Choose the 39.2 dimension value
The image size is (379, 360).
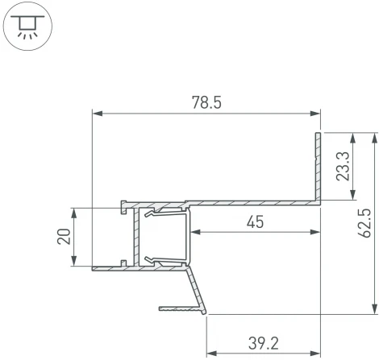point(263,344)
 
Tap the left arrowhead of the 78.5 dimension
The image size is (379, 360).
point(98,114)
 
